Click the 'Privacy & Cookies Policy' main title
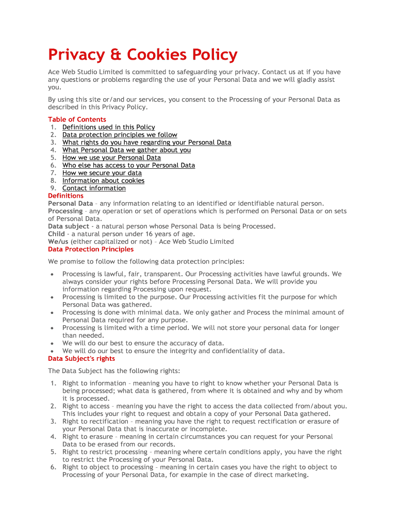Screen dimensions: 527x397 (x=143, y=55)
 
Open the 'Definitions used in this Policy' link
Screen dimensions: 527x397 (x=108, y=127)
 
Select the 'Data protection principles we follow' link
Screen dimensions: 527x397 (x=120, y=135)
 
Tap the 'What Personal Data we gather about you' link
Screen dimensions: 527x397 (x=126, y=150)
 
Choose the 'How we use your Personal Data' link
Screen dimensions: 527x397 (x=111, y=157)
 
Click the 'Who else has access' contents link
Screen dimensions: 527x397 (x=128, y=165)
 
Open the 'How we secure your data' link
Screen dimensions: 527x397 (x=102, y=173)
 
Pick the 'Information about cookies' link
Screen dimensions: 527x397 (x=103, y=181)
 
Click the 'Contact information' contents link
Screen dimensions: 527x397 (x=94, y=188)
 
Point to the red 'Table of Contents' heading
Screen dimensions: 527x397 (x=77, y=119)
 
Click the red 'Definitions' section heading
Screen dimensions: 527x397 (x=65, y=196)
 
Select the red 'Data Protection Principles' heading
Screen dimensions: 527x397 (x=91, y=249)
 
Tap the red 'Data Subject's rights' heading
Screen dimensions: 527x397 (x=81, y=359)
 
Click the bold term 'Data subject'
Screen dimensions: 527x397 (x=68, y=226)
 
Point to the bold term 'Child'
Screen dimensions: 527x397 (x=56, y=234)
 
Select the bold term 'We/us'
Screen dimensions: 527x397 (x=58, y=241)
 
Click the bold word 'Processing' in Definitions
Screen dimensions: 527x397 (x=65, y=211)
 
